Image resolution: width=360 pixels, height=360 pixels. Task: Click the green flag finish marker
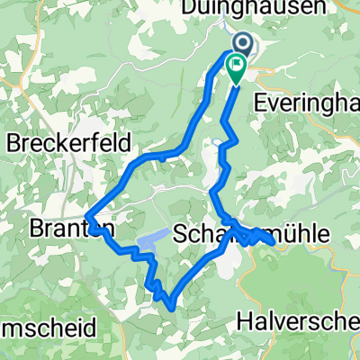[236, 66]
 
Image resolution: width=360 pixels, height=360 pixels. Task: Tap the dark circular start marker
[243, 42]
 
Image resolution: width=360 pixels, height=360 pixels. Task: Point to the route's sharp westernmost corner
[89, 213]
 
